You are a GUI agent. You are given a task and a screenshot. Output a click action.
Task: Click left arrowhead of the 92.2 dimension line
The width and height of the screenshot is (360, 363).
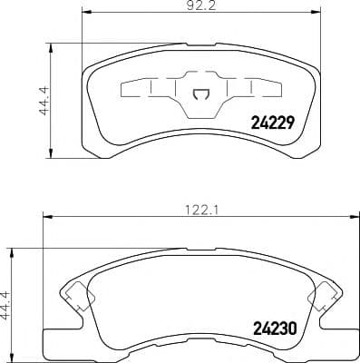pos(85,13)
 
